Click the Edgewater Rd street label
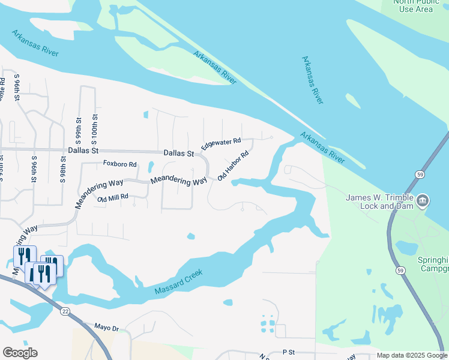[x=221, y=145]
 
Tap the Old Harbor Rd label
[x=233, y=167]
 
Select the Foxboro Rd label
[x=120, y=164]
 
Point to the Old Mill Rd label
[x=109, y=197]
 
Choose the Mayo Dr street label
[x=107, y=327]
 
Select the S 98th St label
[x=63, y=169]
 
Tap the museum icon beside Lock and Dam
[x=422, y=200]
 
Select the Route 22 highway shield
[x=65, y=311]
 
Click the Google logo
[x=20, y=353]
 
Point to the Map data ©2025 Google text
[x=411, y=355]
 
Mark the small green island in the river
[x=352, y=101]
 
